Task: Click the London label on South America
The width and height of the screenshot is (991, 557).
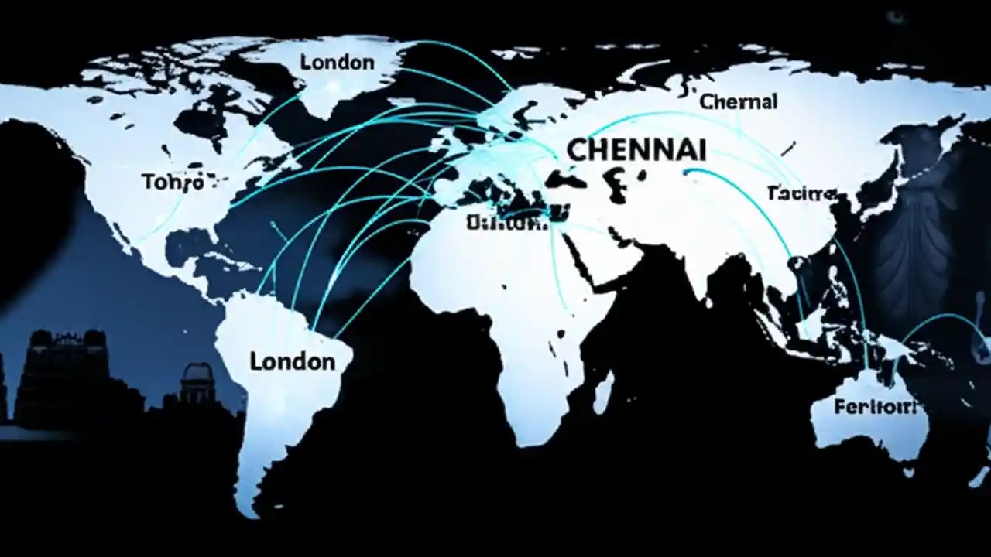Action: [x=293, y=361]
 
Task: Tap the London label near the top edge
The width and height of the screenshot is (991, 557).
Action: [x=337, y=62]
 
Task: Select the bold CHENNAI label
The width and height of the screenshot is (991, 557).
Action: [x=626, y=149]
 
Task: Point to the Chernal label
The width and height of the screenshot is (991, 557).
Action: [x=738, y=101]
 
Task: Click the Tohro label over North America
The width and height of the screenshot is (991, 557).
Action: [x=173, y=183]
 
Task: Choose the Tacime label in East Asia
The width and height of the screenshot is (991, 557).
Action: [x=801, y=193]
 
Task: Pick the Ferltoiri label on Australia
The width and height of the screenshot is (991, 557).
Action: [x=875, y=407]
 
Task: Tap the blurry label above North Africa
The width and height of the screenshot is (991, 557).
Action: [x=507, y=223]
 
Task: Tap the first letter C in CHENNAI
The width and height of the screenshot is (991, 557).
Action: [x=575, y=149]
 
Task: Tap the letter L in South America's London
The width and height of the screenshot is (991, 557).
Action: [x=256, y=361]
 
